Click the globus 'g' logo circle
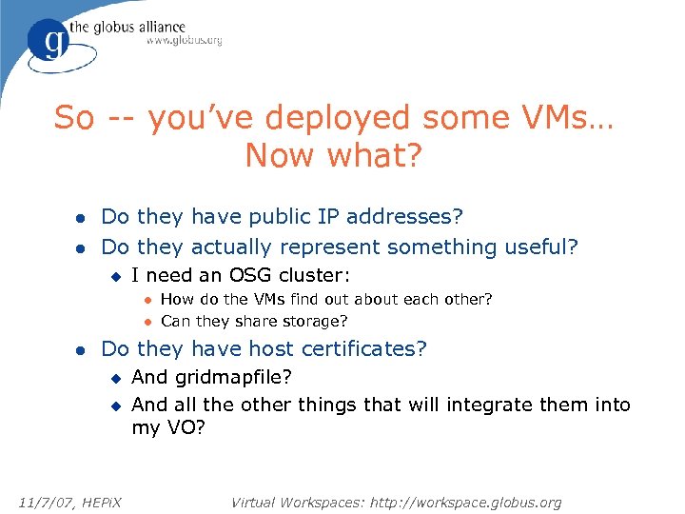point(48,41)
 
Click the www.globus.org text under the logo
point(184,41)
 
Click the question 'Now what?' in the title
point(332,155)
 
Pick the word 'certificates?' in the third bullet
point(366,349)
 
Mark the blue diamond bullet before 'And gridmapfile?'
point(115,378)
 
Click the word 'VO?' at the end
point(184,429)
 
